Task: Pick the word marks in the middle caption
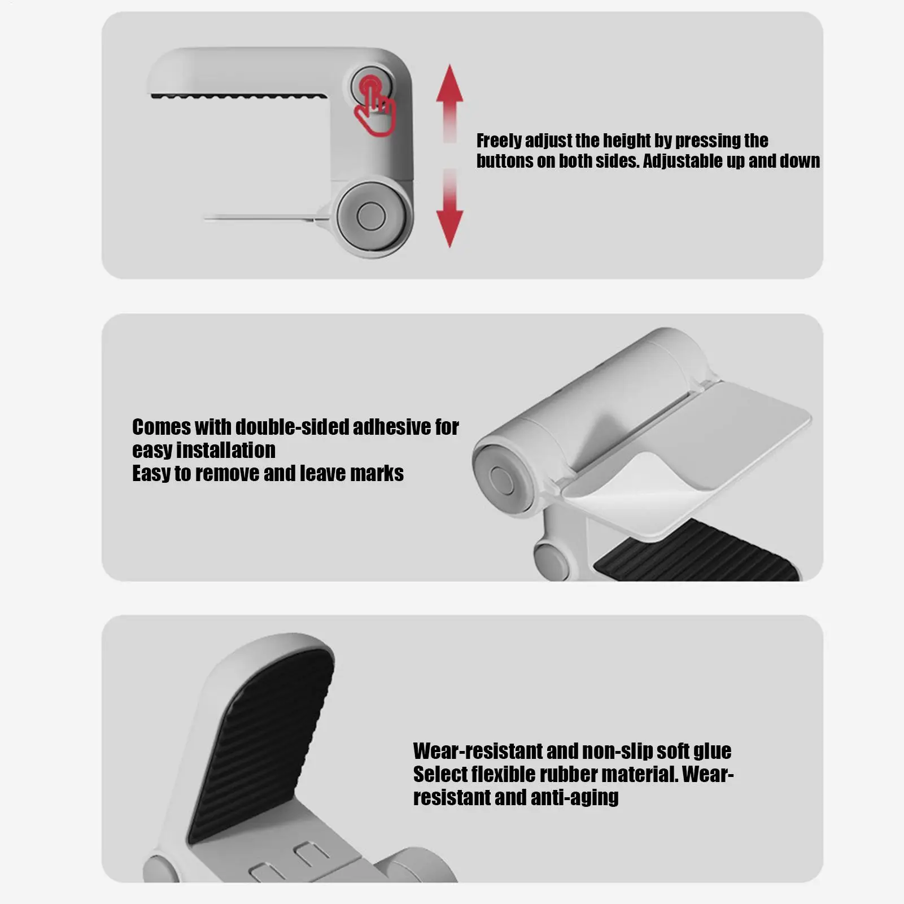tap(377, 474)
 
